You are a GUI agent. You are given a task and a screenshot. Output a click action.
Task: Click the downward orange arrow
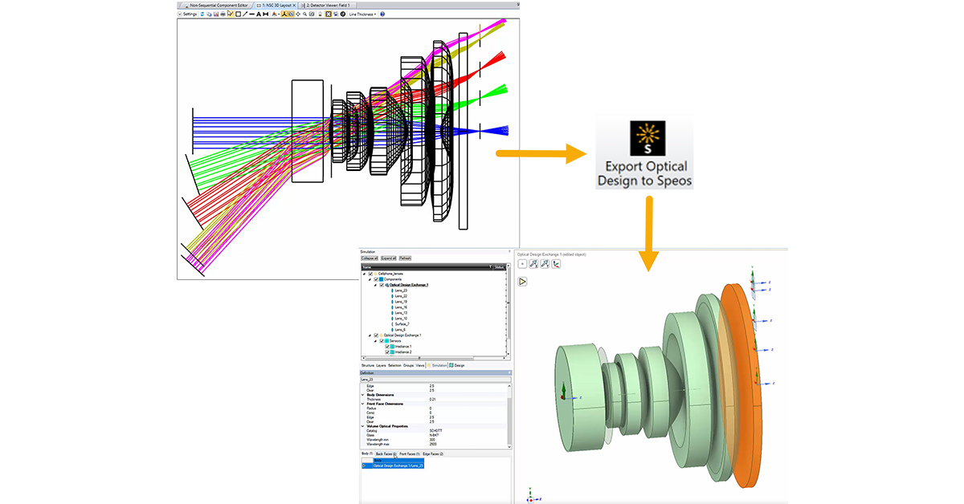tap(648, 232)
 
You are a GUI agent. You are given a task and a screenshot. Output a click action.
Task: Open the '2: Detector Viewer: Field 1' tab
tap(335, 5)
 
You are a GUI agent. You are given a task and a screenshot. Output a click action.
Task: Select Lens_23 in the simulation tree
tap(398, 291)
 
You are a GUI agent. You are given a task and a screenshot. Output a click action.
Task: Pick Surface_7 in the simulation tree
tap(401, 323)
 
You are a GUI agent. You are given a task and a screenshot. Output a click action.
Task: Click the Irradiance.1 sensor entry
tap(402, 346)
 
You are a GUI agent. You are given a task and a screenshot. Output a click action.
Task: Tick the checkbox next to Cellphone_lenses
tap(370, 274)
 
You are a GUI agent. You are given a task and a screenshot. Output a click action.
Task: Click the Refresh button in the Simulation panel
tap(406, 258)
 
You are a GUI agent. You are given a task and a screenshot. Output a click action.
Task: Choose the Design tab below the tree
tap(457, 365)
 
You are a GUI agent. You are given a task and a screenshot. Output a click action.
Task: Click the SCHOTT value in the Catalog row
tap(436, 430)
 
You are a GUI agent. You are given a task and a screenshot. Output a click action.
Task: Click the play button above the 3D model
tap(522, 282)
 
